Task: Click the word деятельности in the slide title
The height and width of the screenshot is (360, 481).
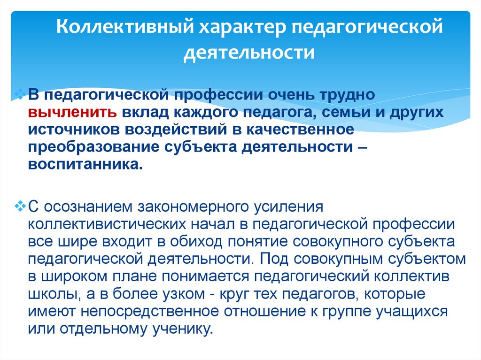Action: point(248,53)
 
